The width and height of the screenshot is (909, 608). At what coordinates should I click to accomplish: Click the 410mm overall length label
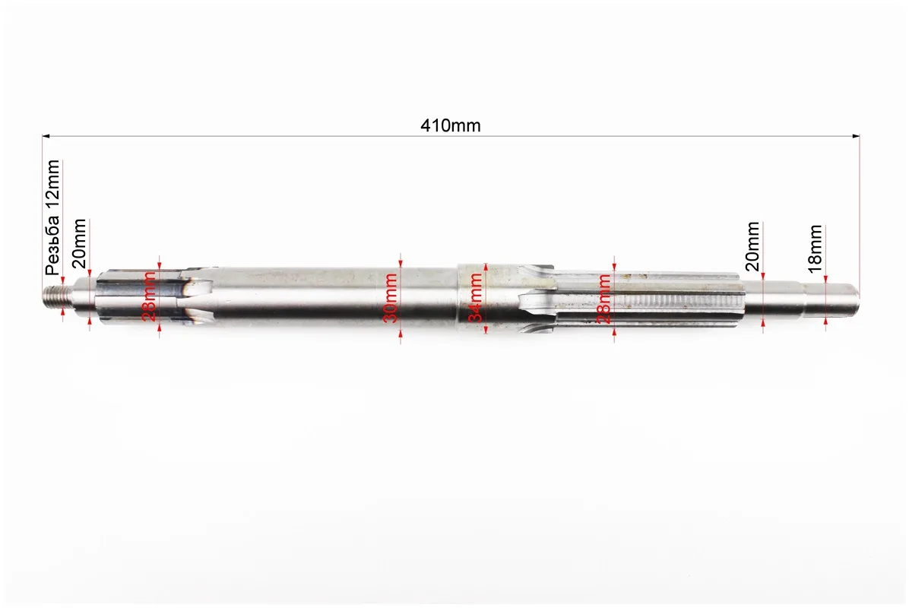coord(451,125)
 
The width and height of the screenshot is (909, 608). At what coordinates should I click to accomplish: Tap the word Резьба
coord(52,244)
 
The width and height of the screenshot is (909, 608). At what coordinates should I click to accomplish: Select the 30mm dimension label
coord(391,298)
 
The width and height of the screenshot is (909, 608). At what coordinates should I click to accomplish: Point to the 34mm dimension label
coord(475,298)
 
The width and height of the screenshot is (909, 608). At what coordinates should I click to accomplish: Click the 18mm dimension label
coord(815,249)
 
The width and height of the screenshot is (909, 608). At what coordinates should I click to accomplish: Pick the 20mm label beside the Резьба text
coord(79,243)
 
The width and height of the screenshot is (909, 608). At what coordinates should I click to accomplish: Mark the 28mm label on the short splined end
coord(149,296)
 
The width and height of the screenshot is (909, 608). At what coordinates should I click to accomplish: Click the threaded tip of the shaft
coord(54,296)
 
